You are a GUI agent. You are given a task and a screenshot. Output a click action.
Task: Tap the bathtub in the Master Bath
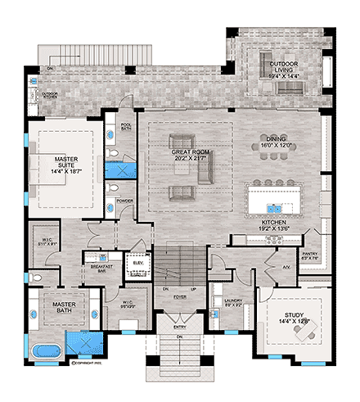point(43,353)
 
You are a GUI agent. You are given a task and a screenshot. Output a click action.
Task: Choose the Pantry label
point(309,256)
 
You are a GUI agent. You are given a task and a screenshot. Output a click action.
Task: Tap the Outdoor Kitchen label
point(50,94)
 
